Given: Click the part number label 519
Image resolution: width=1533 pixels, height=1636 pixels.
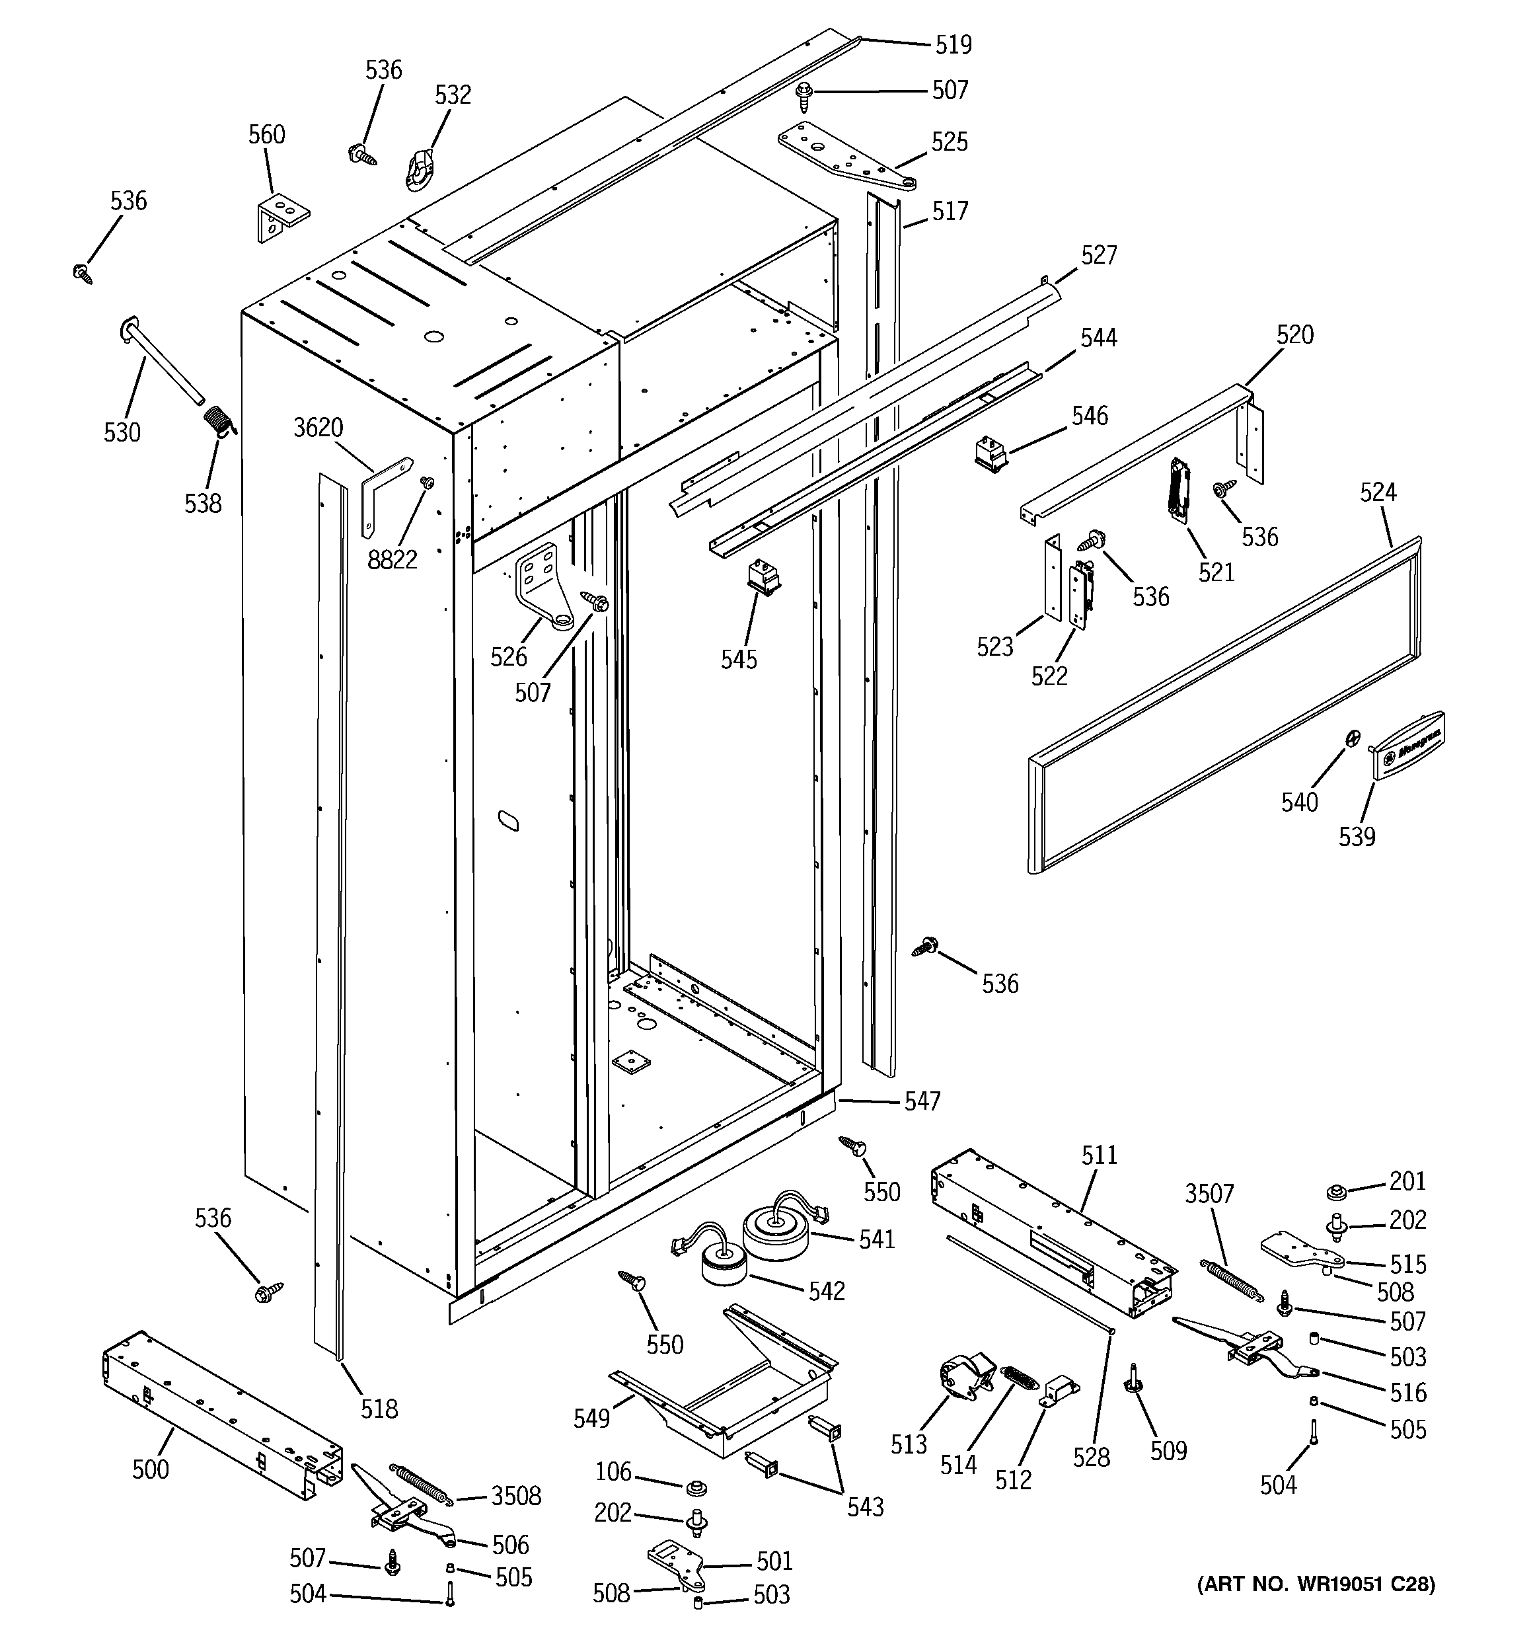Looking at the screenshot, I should [953, 44].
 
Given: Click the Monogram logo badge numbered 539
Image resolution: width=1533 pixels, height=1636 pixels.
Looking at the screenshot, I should [1409, 743].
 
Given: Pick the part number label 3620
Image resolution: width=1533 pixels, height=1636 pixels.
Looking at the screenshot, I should [318, 428].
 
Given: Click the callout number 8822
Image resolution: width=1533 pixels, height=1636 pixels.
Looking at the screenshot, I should [393, 560].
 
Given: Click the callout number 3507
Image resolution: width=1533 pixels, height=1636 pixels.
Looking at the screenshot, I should [1209, 1193].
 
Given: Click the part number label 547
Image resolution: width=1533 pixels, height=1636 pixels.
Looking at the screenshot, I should [922, 1101].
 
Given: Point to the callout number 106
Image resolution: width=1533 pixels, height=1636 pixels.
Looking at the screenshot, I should [613, 1471].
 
